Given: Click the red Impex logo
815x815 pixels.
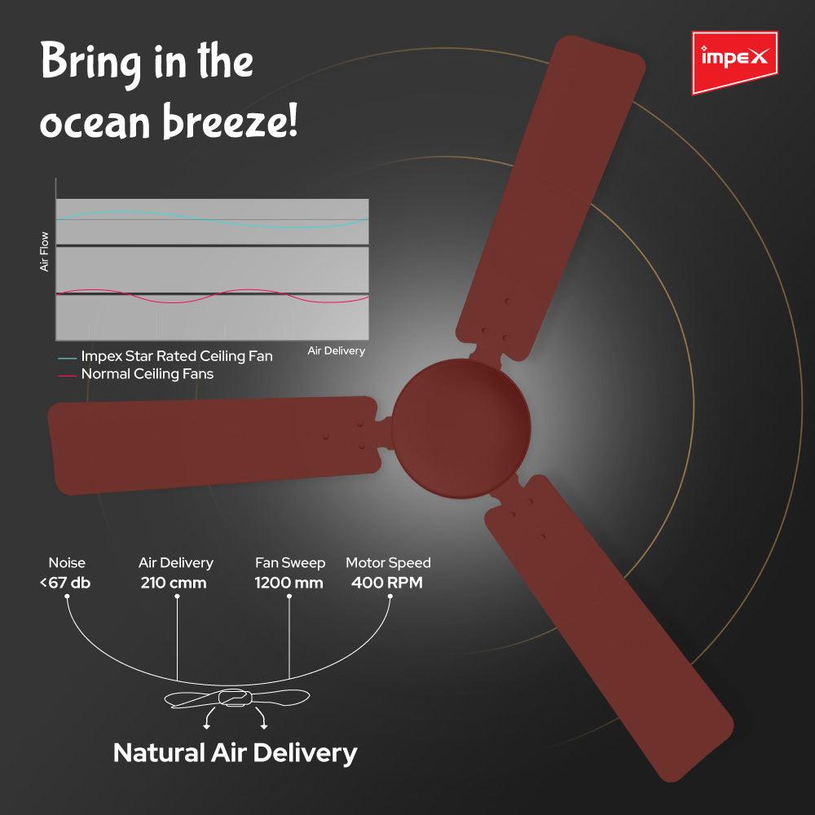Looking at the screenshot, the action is pos(734,63).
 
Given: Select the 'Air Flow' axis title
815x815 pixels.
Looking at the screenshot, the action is pos(44,252).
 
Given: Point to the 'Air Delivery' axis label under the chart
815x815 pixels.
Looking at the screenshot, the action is pos(337,350).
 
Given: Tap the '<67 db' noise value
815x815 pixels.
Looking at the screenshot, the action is pos(65,583).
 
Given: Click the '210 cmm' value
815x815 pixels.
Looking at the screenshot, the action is pos(174,583).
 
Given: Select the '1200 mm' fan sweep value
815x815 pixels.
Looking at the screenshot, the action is pos(289,583).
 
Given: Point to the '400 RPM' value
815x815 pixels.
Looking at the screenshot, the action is pos(387,583).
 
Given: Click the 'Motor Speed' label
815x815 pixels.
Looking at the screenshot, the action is pos(388,563).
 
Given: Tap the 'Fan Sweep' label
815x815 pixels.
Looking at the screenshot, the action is pos(290,563).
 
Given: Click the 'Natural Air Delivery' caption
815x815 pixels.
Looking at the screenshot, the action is pos(236,753).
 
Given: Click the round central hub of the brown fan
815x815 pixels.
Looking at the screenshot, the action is pos(461,429).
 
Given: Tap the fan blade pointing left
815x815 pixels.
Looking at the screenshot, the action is pos(213,446).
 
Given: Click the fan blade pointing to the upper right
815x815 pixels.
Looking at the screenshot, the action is pos(551,197).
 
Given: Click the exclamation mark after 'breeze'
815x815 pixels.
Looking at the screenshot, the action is pos(293,120).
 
